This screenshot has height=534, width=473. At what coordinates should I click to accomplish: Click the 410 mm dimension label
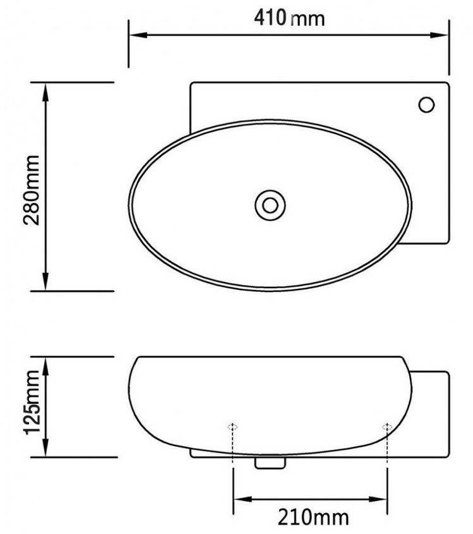point(289,18)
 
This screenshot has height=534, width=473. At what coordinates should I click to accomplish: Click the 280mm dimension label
point(32,190)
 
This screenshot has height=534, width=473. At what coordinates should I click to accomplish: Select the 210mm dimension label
point(313,518)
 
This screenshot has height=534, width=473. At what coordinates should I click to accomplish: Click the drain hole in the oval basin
point(270,205)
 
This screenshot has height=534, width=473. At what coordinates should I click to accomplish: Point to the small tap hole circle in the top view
point(426,105)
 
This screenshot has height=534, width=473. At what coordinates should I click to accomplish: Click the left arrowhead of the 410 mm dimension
point(138,35)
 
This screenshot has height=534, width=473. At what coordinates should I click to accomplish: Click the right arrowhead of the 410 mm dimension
point(439,35)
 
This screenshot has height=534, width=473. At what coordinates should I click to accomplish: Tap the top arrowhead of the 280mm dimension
point(45,92)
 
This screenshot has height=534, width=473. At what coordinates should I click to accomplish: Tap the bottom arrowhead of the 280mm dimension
point(45,281)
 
